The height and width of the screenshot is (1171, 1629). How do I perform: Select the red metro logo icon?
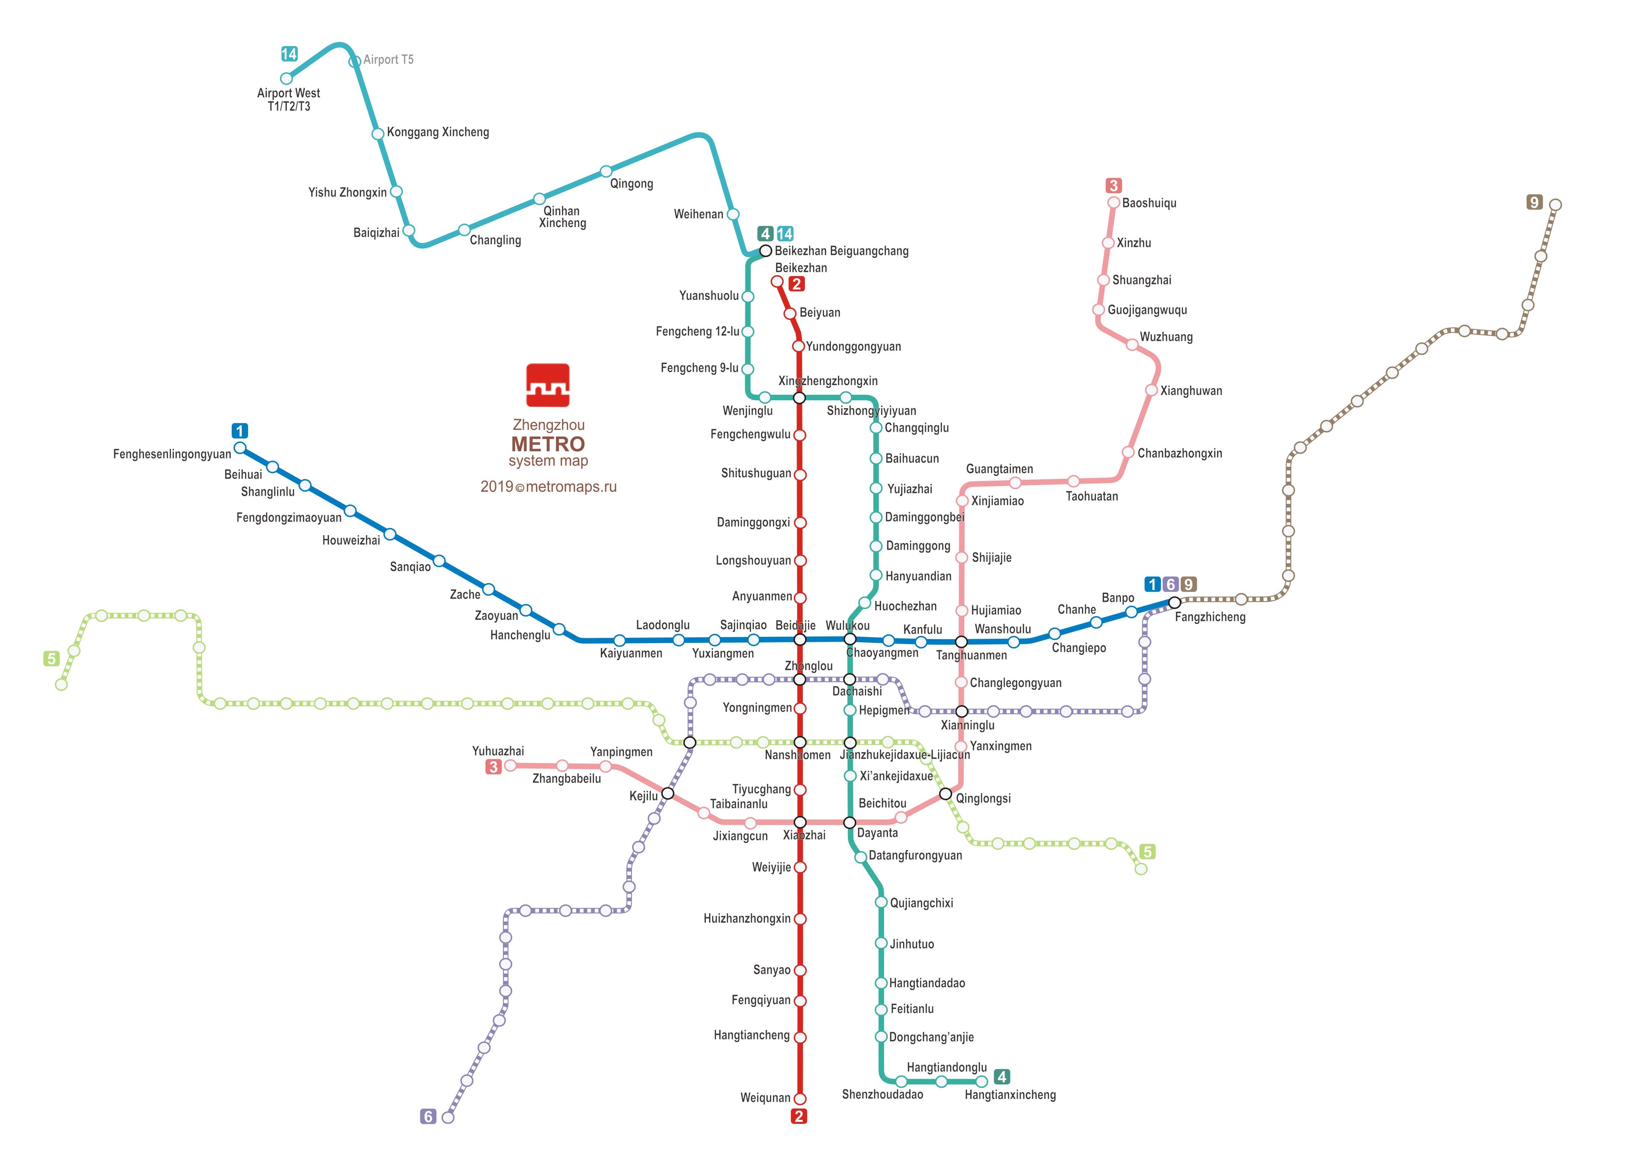coord(548,385)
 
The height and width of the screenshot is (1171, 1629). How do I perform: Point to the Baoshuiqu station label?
coord(1149,203)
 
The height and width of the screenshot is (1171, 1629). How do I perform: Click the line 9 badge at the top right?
coord(1534,203)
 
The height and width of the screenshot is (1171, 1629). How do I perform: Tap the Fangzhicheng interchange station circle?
coord(1174,602)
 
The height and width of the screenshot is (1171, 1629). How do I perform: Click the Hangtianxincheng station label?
coord(1010,1095)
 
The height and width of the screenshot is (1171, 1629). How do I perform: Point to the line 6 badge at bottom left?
coord(428,1117)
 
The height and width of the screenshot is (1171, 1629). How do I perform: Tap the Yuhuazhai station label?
coord(498,751)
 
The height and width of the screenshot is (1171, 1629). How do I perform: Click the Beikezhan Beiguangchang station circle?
coord(766,251)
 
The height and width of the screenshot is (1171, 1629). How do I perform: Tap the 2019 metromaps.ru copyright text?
coord(548,487)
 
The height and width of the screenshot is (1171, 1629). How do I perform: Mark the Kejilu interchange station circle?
coord(667,793)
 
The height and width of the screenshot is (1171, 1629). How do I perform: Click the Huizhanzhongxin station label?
coord(747,918)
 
